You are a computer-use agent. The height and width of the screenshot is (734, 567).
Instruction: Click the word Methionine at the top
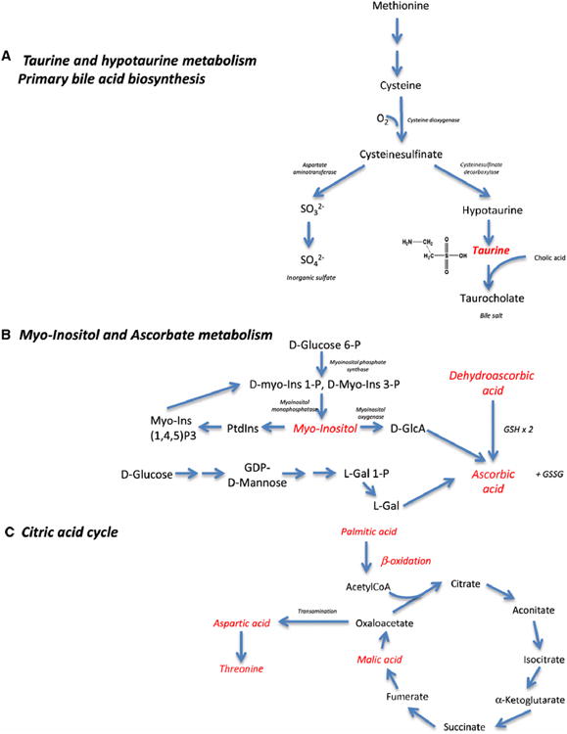click(398, 8)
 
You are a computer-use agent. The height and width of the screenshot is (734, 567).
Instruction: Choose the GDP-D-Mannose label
click(257, 482)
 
